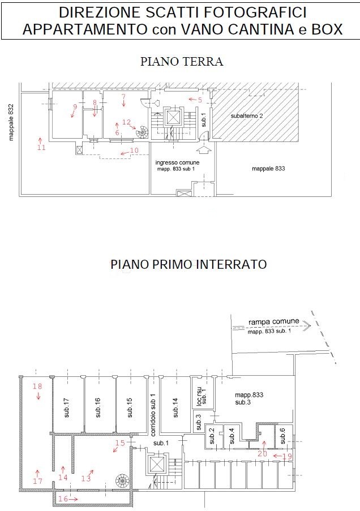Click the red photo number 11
pyautogui.click(x=41, y=147)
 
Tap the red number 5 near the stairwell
pyautogui.click(x=200, y=100)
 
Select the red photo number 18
pyautogui.click(x=37, y=386)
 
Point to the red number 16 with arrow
pyautogui.click(x=63, y=499)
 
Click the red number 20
pyautogui.click(x=262, y=453)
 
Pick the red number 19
pyautogui.click(x=288, y=456)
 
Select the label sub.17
pyautogui.click(x=67, y=407)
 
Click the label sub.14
pyautogui.click(x=175, y=407)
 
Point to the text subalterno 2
pyautogui.click(x=247, y=115)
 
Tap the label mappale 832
pyautogui.click(x=11, y=122)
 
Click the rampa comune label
pyautogui.click(x=273, y=321)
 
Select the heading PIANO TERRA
pyautogui.click(x=182, y=61)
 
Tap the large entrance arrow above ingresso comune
pyautogui.click(x=204, y=151)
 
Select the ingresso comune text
pyautogui.click(x=177, y=162)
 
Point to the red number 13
pyautogui.click(x=86, y=478)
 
